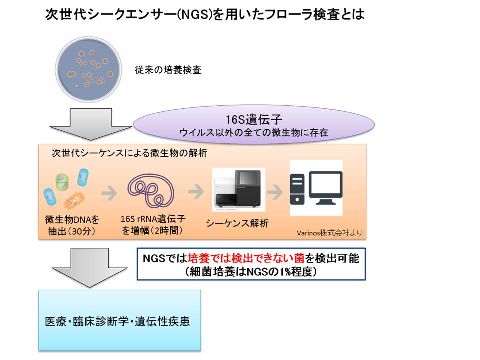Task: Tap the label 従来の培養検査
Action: (x=168, y=70)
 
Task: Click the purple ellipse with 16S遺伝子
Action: (x=254, y=124)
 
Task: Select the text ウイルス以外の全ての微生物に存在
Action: (x=254, y=133)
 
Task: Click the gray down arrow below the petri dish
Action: (x=91, y=124)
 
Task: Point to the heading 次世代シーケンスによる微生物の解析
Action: (x=129, y=153)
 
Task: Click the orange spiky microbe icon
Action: (x=74, y=200)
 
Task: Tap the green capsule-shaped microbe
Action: (x=62, y=182)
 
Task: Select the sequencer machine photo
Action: (x=239, y=190)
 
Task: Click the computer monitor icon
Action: (x=326, y=188)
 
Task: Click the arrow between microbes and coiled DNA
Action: (x=109, y=193)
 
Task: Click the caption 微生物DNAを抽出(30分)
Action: (x=72, y=225)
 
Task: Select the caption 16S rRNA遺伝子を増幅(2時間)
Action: (x=153, y=225)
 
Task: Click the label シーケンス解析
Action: (x=237, y=223)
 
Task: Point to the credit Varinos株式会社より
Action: (x=329, y=233)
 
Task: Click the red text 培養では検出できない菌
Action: (x=246, y=258)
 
